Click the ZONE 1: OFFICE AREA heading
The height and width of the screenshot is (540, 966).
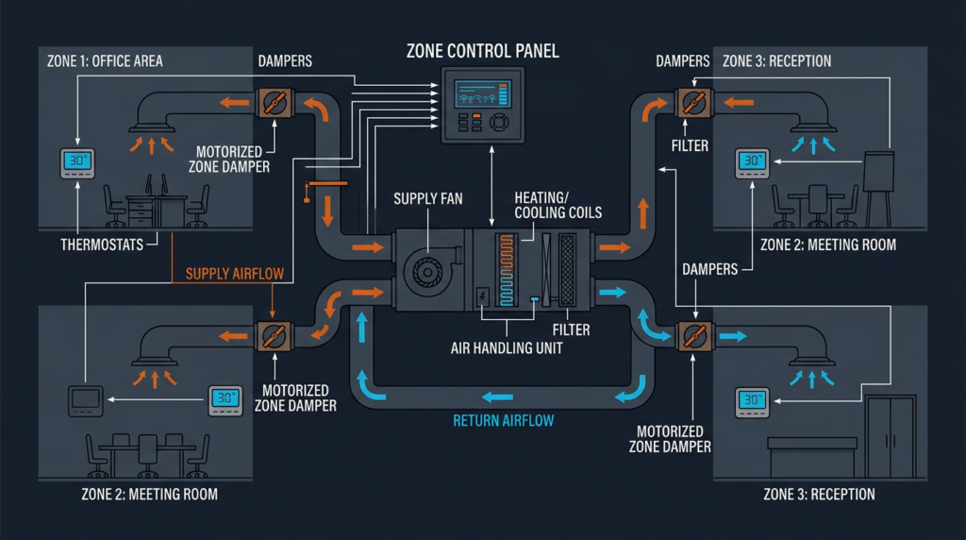click(105, 61)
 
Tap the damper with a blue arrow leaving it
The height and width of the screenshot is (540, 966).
click(695, 335)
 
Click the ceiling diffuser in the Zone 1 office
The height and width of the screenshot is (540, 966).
click(151, 123)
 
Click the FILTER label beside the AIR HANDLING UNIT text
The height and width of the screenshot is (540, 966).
click(572, 329)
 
